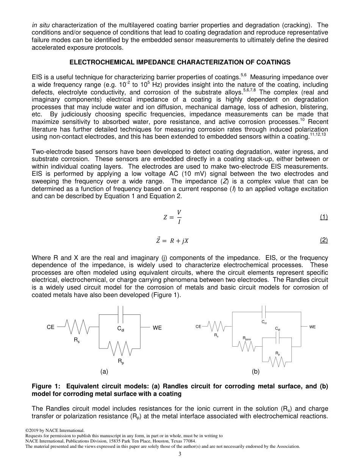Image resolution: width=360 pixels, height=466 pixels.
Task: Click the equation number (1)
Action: point(323,217)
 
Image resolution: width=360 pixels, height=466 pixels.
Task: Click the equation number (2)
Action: point(323,240)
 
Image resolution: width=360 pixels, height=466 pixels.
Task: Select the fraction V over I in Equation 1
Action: point(179,217)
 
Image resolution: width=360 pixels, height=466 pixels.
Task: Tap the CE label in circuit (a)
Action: point(50,327)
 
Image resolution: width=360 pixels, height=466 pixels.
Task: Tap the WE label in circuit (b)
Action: point(312,327)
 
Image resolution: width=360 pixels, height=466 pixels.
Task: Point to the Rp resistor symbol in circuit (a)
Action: point(120,348)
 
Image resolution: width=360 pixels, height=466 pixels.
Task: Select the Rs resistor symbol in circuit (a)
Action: point(77,327)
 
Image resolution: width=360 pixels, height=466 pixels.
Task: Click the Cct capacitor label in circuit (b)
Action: point(264,322)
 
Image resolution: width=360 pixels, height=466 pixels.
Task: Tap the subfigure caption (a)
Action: point(104,372)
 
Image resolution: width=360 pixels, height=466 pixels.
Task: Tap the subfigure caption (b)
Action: point(255,372)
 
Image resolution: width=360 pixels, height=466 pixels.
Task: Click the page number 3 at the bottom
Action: point(180,454)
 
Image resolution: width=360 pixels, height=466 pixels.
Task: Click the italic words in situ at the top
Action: point(41,25)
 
